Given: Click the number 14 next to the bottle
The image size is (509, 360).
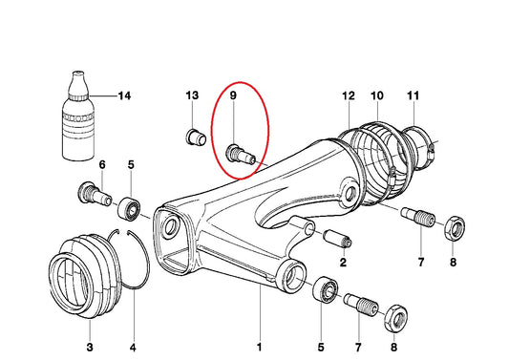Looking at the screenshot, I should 123,96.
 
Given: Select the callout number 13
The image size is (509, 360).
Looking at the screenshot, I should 192,96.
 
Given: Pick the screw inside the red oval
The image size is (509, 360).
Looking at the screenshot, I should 239,152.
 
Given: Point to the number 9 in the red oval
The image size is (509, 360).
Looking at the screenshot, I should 232,96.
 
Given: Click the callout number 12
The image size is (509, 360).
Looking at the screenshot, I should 348,96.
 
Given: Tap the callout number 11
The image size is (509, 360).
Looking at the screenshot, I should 413,96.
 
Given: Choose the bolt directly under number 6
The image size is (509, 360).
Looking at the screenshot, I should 90,195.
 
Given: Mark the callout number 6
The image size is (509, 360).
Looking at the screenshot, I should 102,165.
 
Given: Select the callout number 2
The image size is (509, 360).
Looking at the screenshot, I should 342,262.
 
